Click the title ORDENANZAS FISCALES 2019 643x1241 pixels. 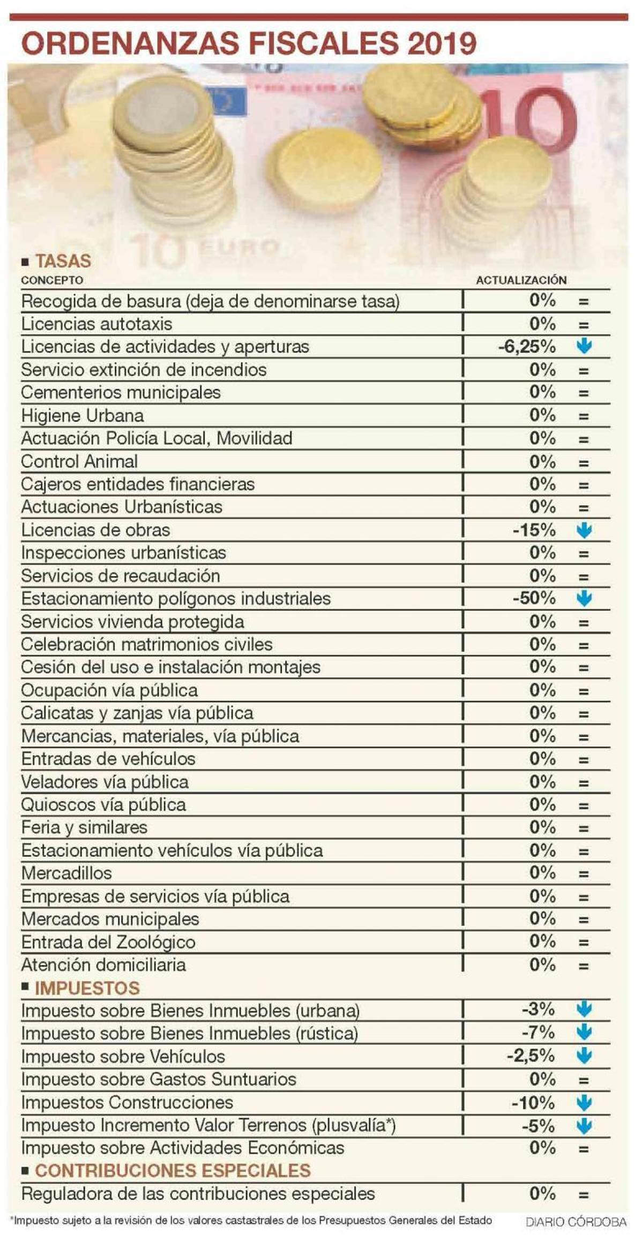pos(249,44)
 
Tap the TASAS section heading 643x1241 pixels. pos(63,261)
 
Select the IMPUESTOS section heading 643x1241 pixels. pos(87,988)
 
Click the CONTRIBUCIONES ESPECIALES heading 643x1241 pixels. pos(173,1170)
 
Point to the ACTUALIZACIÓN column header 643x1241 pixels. pos(521,280)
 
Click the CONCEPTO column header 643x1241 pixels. pos(52,280)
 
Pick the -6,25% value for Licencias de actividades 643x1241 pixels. pos(527,347)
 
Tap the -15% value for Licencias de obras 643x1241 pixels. pos(534,530)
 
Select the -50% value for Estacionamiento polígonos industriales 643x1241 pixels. pos(534,598)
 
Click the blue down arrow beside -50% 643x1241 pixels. pos(584,599)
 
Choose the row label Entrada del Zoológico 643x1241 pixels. pos(108,942)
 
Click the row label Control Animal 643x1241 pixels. pos(79,461)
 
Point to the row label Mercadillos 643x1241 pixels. pos(66,873)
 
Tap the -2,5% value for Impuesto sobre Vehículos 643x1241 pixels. pos(530,1056)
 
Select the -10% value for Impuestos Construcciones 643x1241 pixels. pos(533,1102)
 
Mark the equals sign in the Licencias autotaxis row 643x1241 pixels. pos(584,325)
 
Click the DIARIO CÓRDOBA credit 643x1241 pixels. pos(575,1222)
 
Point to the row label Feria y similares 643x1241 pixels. pos(84,827)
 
